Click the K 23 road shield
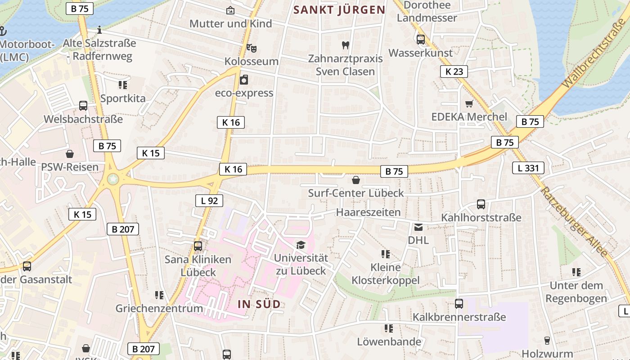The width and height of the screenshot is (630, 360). (x=454, y=71)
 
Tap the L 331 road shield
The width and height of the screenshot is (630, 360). (x=528, y=168)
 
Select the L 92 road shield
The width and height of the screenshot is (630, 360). (x=209, y=201)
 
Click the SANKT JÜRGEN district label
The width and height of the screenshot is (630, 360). (x=339, y=10)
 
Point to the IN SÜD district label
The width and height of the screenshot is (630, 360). (x=259, y=304)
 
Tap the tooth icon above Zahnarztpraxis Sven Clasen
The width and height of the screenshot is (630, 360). (x=346, y=45)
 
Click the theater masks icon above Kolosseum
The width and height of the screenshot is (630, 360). (x=251, y=48)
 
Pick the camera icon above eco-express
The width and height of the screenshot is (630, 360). (x=244, y=80)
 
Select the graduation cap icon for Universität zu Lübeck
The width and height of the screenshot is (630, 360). (x=301, y=245)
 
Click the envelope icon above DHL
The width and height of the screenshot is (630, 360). (x=418, y=227)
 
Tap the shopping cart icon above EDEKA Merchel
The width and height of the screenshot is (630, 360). (x=469, y=104)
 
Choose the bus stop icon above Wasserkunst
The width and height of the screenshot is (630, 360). (x=421, y=40)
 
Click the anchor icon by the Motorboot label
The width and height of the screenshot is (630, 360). (x=2, y=31)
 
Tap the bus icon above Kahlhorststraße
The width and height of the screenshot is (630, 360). (x=481, y=204)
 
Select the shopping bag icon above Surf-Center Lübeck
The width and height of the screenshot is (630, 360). (x=356, y=180)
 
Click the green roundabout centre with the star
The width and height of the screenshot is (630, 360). (x=113, y=180)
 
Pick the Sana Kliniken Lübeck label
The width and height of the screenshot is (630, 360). (x=198, y=266)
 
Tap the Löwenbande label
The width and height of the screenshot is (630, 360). (x=389, y=342)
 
